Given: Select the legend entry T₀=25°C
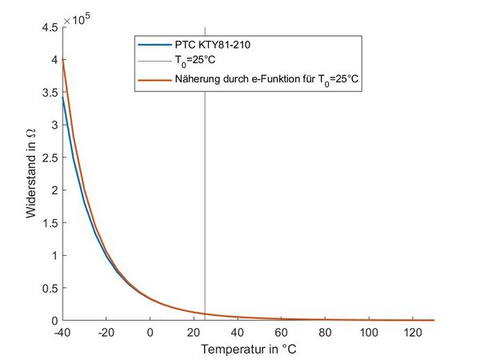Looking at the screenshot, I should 195,61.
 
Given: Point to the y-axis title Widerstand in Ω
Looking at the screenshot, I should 31,174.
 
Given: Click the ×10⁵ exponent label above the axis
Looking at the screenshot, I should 76,20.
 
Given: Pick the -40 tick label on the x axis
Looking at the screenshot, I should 63,332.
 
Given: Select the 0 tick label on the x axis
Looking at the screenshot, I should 150,332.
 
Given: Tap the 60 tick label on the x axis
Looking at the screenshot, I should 281,332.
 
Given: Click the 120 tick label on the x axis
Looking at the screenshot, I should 412,332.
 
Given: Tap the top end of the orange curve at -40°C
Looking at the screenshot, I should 63,58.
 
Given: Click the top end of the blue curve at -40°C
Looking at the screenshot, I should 63,96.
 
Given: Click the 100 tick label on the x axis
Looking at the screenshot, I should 368,332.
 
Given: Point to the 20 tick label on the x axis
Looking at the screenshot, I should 194,332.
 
